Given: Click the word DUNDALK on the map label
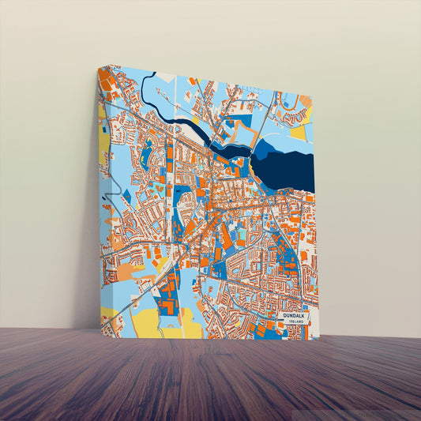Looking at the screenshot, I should click(x=294, y=316).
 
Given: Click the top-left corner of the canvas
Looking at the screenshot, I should click(x=99, y=66).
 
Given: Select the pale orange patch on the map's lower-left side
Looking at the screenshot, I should click(x=126, y=273).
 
